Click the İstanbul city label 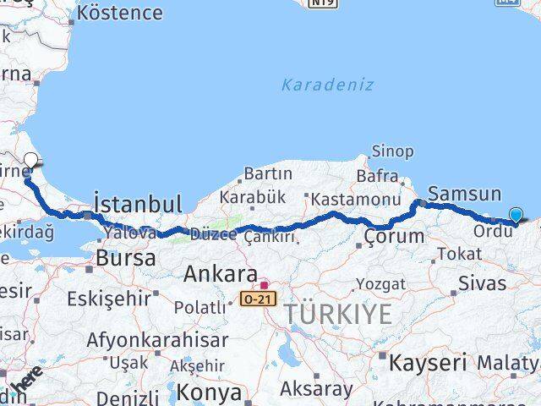point(138,204)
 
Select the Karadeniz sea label point(327,85)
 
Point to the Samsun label point(464,193)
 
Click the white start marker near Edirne point(30,161)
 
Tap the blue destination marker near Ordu point(516,216)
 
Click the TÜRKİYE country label point(338,314)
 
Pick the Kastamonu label point(355,200)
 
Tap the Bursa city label point(126,258)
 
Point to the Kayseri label point(428,363)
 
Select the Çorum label point(394,236)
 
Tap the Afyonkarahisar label point(157,340)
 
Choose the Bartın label point(267,174)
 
